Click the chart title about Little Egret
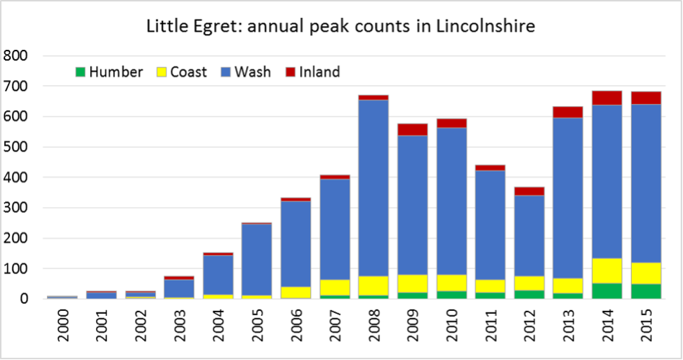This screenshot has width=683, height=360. [x=340, y=27]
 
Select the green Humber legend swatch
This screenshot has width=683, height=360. [x=79, y=72]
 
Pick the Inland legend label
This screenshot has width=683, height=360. [x=320, y=72]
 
